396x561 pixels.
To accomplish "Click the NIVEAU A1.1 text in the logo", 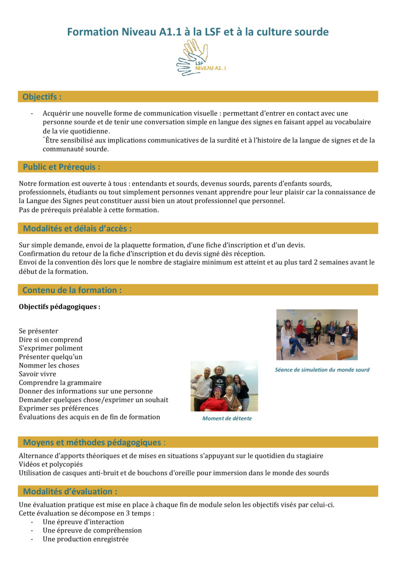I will tap(211, 68).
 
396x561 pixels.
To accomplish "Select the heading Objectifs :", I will tap(42, 97).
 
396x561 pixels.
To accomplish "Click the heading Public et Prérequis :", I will tap(62, 167).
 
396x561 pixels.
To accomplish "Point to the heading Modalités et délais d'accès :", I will tap(77, 229).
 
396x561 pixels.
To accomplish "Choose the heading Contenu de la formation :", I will tap(72, 290).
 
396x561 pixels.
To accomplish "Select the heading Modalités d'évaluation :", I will tap(70, 491).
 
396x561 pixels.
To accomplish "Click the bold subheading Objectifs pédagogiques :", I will tap(59, 307).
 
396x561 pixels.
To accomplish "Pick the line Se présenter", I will tap(38, 331).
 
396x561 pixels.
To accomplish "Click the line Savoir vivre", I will tap(37, 374).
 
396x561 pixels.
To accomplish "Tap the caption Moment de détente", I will tap(226, 418).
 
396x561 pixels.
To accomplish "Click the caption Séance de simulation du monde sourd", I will tap(322, 370).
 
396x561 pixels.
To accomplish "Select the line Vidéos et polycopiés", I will tap(50, 464).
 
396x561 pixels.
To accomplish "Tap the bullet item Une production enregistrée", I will tap(85, 539).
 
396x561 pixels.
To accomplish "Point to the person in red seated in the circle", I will tap(302, 331).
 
